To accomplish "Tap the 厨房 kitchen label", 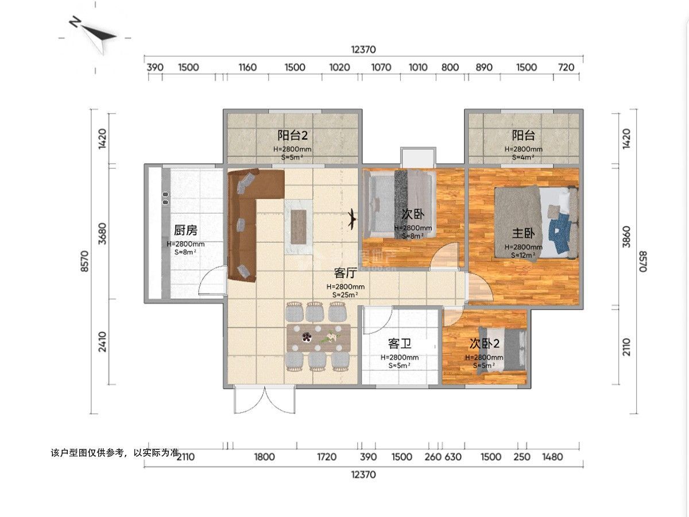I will [185, 230].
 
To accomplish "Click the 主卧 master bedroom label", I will [524, 234].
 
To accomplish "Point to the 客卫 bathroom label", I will [400, 344].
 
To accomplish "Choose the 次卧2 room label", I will [485, 344].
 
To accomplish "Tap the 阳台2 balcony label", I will [293, 136].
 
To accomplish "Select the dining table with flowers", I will [319, 337].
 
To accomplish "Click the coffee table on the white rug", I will [299, 224].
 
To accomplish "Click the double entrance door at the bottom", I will [265, 400].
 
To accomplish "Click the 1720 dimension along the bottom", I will [327, 457].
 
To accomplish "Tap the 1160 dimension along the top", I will [247, 67].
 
